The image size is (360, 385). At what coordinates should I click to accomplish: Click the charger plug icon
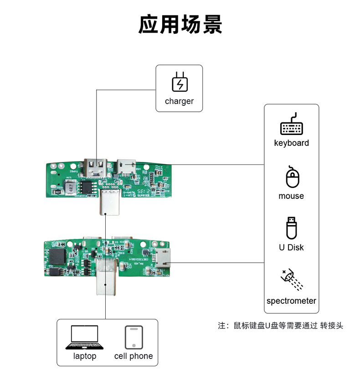[179, 82]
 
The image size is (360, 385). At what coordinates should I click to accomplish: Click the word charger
[179, 101]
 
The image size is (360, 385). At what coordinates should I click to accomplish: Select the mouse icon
[292, 177]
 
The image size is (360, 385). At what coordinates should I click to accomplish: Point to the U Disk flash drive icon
[291, 228]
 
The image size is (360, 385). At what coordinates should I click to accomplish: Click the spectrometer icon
[291, 279]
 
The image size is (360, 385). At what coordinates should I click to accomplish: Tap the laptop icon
[84, 338]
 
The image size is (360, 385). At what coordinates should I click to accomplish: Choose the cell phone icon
[134, 338]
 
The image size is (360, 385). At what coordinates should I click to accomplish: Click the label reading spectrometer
[291, 301]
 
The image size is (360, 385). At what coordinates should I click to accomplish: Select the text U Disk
[291, 248]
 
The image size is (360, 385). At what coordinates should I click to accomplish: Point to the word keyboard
[291, 143]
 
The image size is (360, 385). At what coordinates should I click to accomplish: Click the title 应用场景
[180, 25]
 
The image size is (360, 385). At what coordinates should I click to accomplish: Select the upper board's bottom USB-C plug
[111, 203]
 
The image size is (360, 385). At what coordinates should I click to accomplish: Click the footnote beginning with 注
[280, 326]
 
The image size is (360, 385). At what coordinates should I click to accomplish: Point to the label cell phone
[134, 356]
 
